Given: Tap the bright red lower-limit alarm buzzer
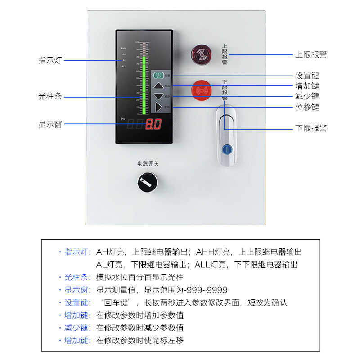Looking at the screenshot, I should pyautogui.click(x=201, y=90).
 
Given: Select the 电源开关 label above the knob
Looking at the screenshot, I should pyautogui.click(x=148, y=163).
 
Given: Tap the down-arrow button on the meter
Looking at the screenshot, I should pyautogui.click(x=158, y=96).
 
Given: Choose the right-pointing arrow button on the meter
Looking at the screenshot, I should pyautogui.click(x=158, y=107).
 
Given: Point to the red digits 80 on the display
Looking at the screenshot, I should pyautogui.click(x=153, y=124).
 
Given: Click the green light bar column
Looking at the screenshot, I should pyautogui.click(x=144, y=85).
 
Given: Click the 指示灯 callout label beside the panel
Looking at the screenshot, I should pyautogui.click(x=50, y=60).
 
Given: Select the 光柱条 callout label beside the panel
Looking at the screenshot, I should pyautogui.click(x=50, y=96).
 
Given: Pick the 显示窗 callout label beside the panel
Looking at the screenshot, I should pyautogui.click(x=50, y=124).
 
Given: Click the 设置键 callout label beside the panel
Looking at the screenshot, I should pyautogui.click(x=307, y=76).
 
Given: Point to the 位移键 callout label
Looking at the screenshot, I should pyautogui.click(x=307, y=107).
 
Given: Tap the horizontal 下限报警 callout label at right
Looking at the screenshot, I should pyautogui.click(x=311, y=128).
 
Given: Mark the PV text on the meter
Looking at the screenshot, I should pyautogui.click(x=123, y=119).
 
